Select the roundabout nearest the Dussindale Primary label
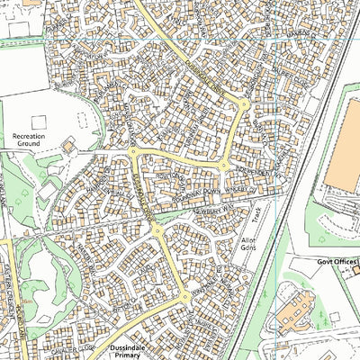184,298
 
